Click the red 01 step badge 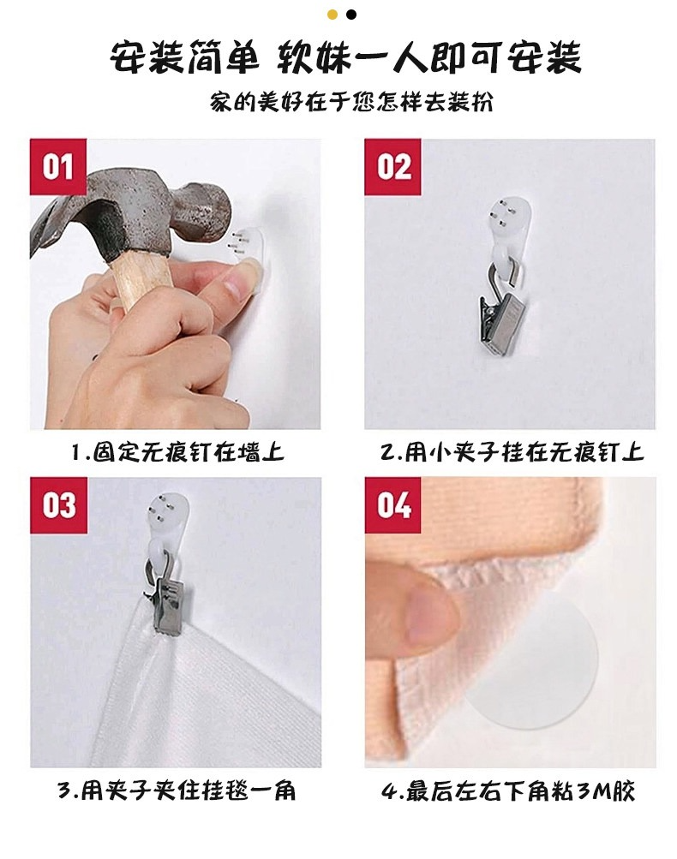tap(58, 166)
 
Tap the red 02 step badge tap(392, 166)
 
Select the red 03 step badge tap(58, 505)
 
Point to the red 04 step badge tap(392, 505)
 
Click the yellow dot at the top tap(333, 15)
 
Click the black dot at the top tap(351, 15)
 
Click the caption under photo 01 tap(177, 452)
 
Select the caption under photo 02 tap(512, 452)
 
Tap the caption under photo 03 tap(176, 790)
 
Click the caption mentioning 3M tap(507, 790)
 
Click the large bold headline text tap(345, 57)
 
